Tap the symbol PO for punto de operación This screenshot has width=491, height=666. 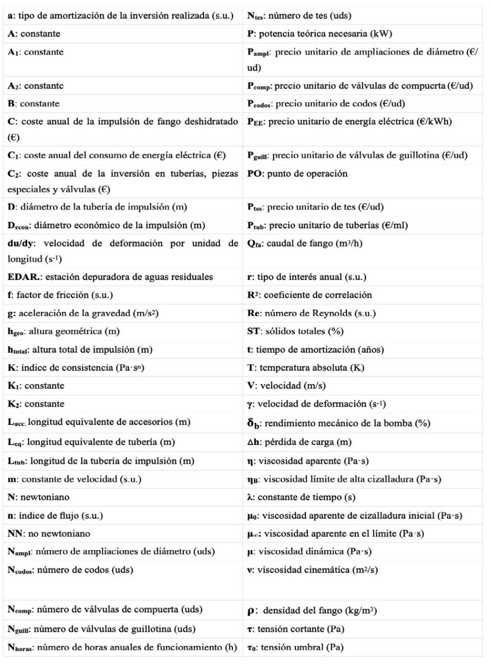tap(254, 174)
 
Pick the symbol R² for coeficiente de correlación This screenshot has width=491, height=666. tap(253, 295)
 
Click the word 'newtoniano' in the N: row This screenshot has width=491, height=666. tap(45, 497)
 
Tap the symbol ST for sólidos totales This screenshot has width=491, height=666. tap(253, 331)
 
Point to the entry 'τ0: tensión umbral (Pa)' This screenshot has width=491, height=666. tap(295, 648)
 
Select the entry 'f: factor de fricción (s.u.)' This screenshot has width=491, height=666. tap(60, 295)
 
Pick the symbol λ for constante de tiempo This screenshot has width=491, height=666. tap(250, 497)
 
